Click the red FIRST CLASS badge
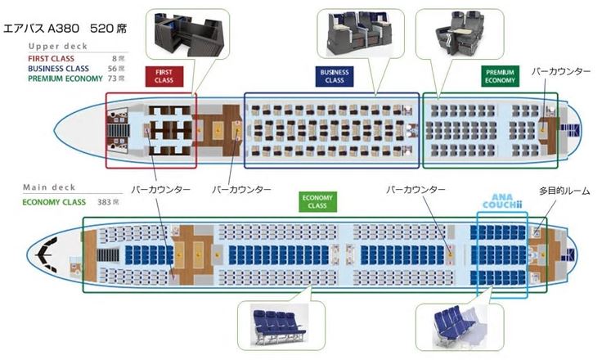[x=164, y=76]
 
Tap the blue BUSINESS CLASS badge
[x=334, y=76]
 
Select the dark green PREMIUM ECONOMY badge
[x=500, y=76]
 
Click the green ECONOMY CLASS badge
[x=317, y=202]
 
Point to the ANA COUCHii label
[x=502, y=201]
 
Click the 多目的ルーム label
[x=564, y=191]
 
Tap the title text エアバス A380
[x=41, y=29]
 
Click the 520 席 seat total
[x=108, y=29]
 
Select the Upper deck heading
[x=58, y=46]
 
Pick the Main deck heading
[x=49, y=187]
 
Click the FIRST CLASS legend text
[x=51, y=59]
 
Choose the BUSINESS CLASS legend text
[x=58, y=69]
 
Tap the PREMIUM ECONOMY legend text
[x=65, y=79]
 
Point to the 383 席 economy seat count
[x=108, y=202]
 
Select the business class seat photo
[x=360, y=33]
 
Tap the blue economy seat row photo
[x=280, y=326]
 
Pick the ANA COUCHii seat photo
[x=460, y=327]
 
